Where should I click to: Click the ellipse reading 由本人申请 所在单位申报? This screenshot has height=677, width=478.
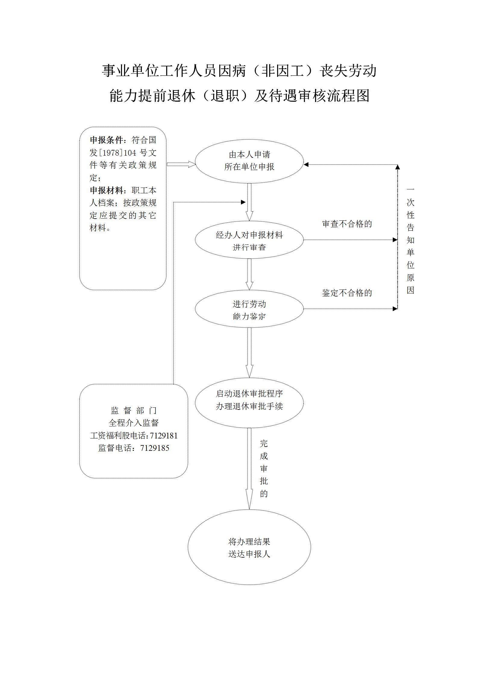pyautogui.click(x=249, y=161)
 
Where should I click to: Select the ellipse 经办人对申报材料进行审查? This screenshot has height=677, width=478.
pyautogui.click(x=249, y=241)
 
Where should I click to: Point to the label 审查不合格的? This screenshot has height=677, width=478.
pyautogui.click(x=347, y=224)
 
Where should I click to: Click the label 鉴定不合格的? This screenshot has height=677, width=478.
pyautogui.click(x=347, y=293)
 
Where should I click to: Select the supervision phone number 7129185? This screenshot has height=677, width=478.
pyautogui.click(x=155, y=448)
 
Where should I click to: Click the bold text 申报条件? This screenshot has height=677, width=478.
pyautogui.click(x=107, y=140)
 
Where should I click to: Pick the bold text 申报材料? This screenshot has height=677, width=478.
pyautogui.click(x=107, y=191)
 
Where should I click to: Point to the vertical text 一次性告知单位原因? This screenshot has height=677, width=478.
pyautogui.click(x=410, y=240)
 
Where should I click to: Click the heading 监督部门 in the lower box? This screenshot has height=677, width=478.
pyautogui.click(x=134, y=410)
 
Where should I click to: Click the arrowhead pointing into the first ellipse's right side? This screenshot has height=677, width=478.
pyautogui.click(x=306, y=164)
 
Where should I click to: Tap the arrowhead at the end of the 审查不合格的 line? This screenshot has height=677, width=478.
pyautogui.click(x=395, y=240)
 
